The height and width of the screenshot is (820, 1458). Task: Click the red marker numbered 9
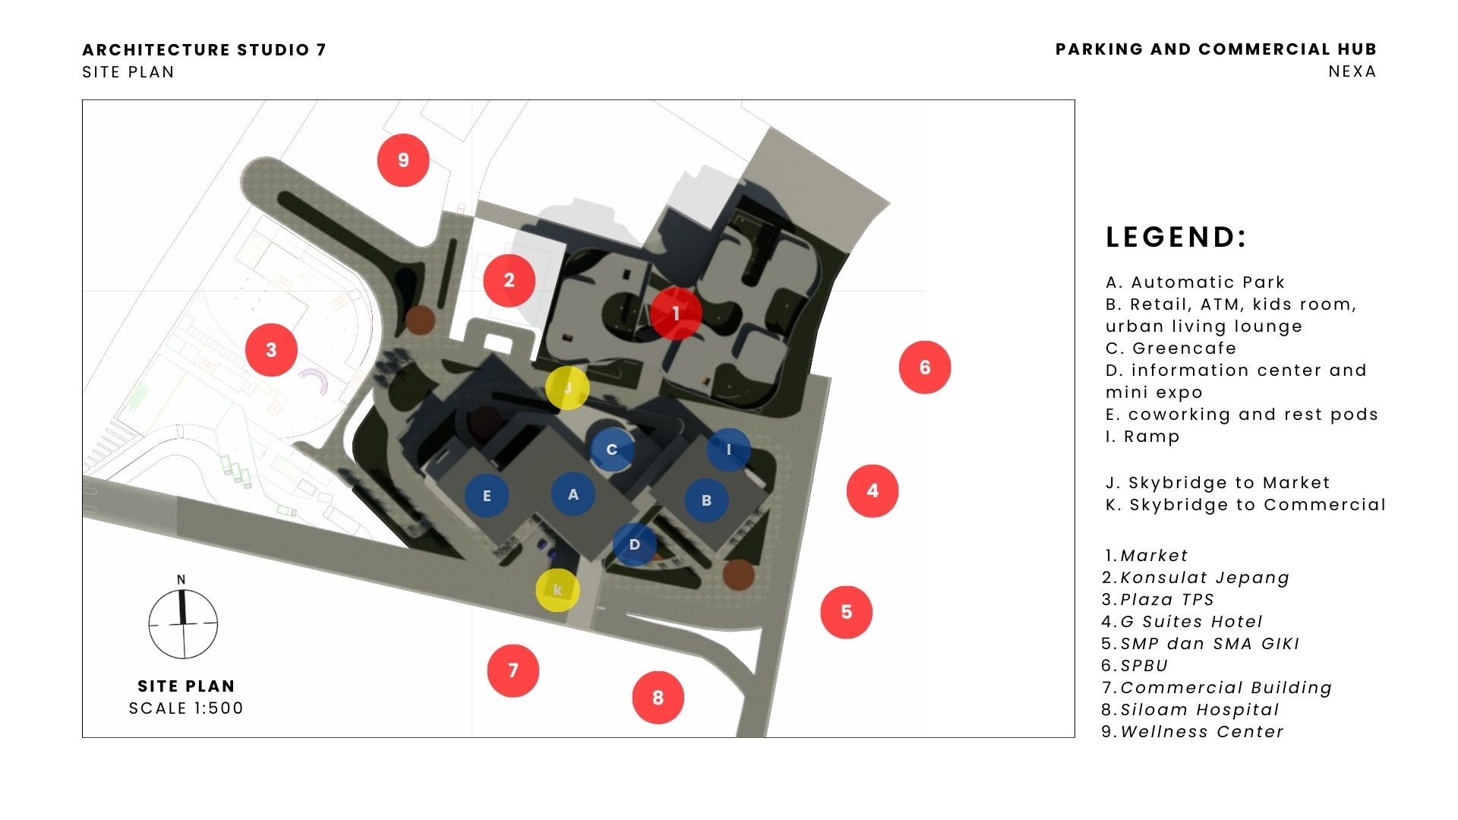pos(403,160)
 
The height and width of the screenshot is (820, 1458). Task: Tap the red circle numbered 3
pos(271,350)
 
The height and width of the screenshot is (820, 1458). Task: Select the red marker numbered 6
pos(925,367)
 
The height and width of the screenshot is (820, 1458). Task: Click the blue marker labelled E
pos(487,496)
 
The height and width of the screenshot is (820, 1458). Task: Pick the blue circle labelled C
pos(612,449)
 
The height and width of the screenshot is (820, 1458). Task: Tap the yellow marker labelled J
pos(567,388)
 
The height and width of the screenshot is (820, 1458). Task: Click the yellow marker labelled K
pos(558,590)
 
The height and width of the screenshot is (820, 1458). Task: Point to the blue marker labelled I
pos(729,449)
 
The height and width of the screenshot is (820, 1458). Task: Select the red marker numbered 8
pos(658,697)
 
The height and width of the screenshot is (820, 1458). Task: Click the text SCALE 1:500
pos(186,708)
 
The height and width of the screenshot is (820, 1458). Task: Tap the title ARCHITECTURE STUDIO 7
pos(204,50)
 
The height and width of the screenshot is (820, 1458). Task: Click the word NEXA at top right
pos(1352,71)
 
